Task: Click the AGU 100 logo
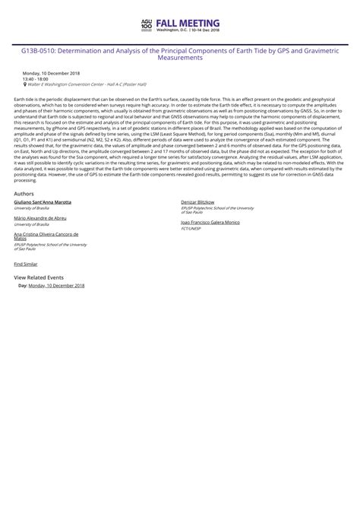(147, 24)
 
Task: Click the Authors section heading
(24, 194)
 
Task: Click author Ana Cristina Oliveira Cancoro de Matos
(46, 236)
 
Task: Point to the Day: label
(23, 285)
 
